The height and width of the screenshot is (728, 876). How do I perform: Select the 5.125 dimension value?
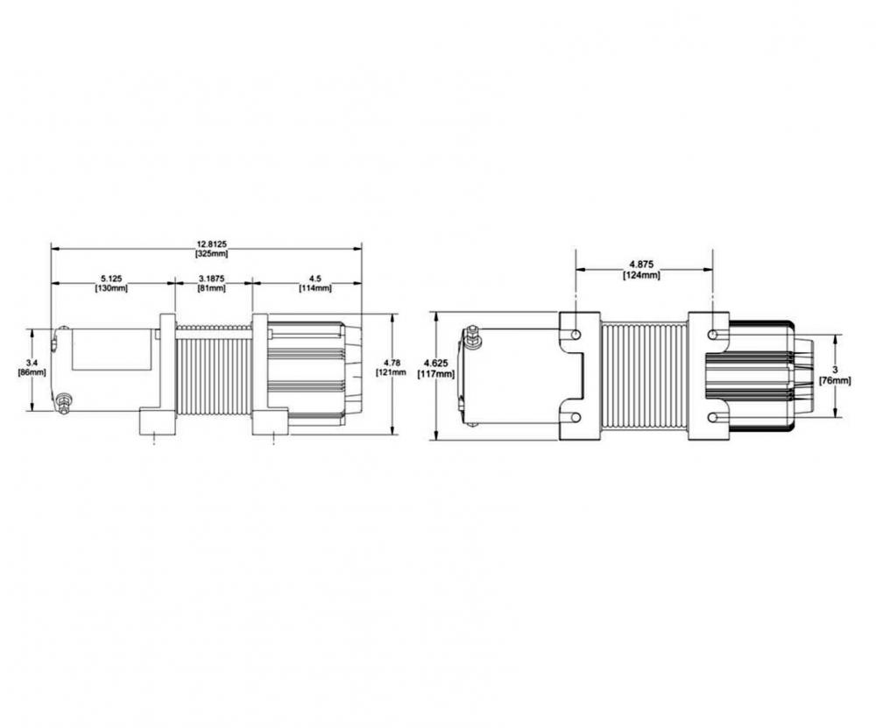pyautogui.click(x=112, y=279)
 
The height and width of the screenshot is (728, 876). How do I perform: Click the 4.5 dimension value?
pyautogui.click(x=314, y=279)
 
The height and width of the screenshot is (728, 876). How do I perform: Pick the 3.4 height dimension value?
pyautogui.click(x=31, y=362)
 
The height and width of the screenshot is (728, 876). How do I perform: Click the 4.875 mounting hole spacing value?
pyautogui.click(x=642, y=265)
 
